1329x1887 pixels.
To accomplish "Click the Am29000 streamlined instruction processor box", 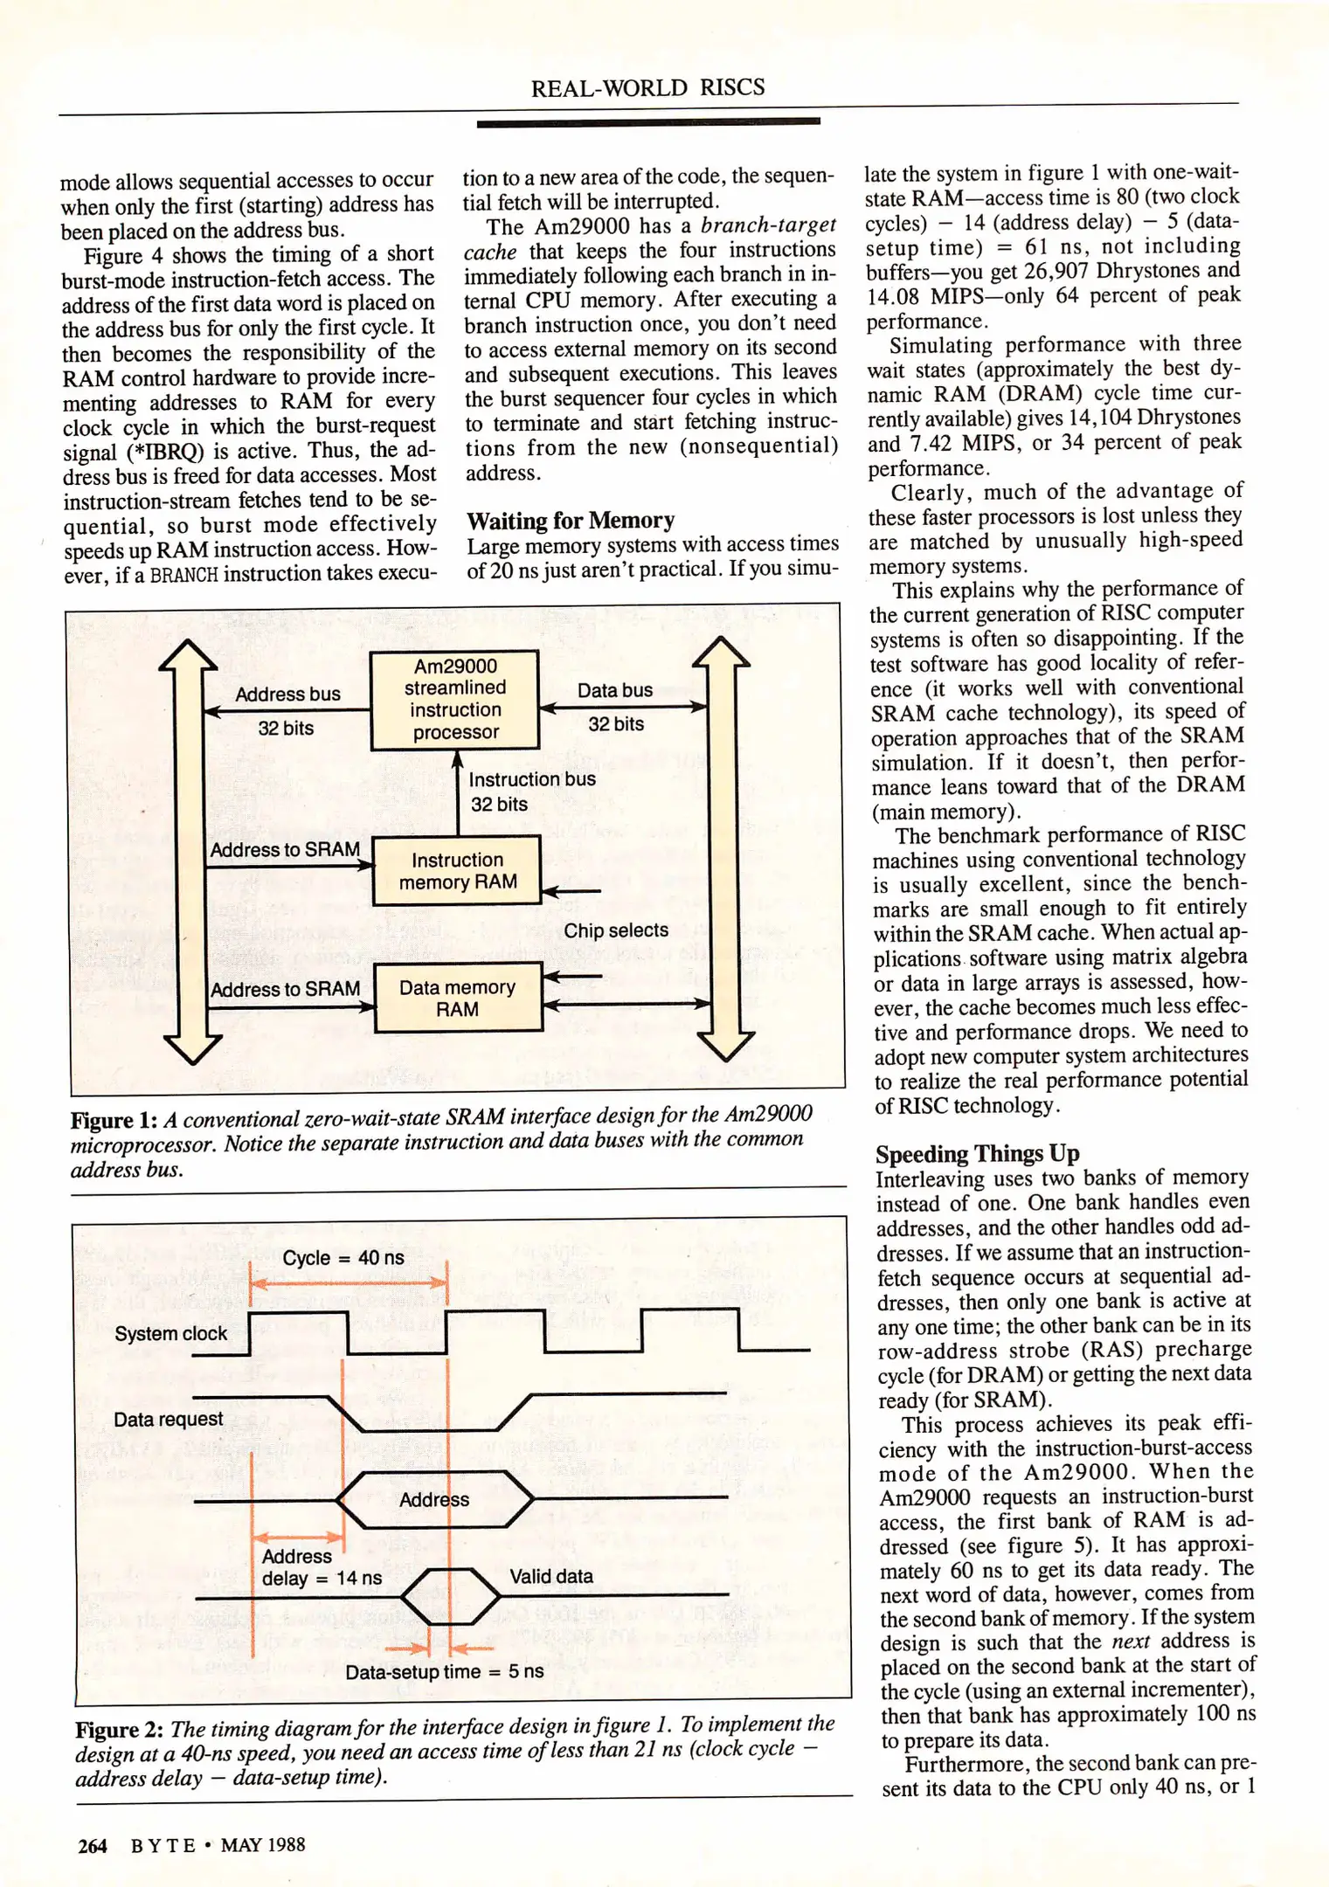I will pyautogui.click(x=454, y=699).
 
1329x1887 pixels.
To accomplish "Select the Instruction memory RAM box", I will pyautogui.click(x=457, y=871).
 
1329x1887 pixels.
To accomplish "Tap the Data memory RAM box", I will pyautogui.click(x=457, y=998).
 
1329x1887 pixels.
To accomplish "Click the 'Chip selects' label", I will pyautogui.click(x=615, y=930).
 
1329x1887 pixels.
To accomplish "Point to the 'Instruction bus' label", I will pyautogui.click(x=531, y=778).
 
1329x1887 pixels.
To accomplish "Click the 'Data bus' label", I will pyautogui.click(x=614, y=690).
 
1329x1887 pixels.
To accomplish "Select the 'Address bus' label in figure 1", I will pyautogui.click(x=287, y=695).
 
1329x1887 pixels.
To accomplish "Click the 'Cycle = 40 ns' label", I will pyautogui.click(x=343, y=1257).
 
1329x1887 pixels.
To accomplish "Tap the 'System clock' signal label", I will pyautogui.click(x=170, y=1333).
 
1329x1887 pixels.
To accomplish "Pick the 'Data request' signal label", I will pyautogui.click(x=168, y=1419).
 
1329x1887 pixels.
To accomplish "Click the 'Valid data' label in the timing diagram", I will pyautogui.click(x=551, y=1576).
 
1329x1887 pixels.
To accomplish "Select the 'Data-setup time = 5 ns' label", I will pyautogui.click(x=444, y=1671).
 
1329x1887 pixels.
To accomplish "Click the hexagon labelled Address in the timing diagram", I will pyautogui.click(x=434, y=1499).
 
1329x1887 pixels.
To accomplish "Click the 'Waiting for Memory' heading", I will pyautogui.click(x=571, y=521).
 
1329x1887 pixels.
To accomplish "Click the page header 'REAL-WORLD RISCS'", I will pyautogui.click(x=647, y=87).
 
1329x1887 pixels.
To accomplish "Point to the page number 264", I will pyautogui.click(x=93, y=1845).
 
